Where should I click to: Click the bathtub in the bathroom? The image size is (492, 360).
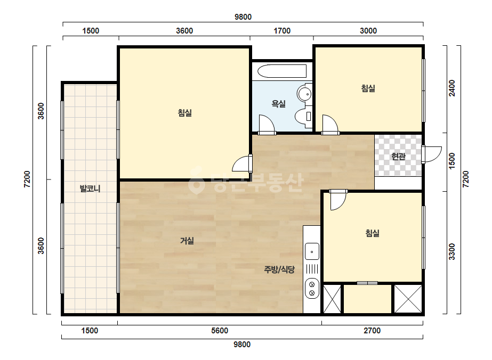click(282, 71)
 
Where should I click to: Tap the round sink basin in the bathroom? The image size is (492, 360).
click(304, 93)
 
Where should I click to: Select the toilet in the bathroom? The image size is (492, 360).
click(304, 116)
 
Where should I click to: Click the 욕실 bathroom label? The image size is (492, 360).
click(278, 103)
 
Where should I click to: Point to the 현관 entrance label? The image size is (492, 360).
click(398, 156)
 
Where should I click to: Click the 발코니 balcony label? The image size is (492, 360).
click(90, 189)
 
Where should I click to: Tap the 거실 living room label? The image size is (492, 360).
click(187, 241)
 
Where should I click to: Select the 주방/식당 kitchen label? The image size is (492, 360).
click(279, 269)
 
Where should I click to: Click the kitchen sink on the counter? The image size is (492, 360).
click(312, 251)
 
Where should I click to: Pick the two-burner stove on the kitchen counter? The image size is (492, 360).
click(312, 289)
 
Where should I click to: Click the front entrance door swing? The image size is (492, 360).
click(432, 154)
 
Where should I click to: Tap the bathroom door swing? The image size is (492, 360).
click(267, 125)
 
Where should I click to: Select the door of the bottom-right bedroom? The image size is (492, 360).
click(338, 200)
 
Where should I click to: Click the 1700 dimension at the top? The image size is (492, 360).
click(282, 31)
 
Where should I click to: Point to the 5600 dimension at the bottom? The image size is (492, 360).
click(220, 331)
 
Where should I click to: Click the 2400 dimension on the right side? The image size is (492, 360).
click(452, 88)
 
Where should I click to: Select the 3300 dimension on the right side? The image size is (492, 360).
click(452, 251)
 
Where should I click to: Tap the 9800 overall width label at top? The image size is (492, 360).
click(243, 17)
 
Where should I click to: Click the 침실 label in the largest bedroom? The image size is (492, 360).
click(185, 112)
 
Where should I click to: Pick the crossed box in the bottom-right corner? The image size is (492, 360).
click(408, 299)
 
